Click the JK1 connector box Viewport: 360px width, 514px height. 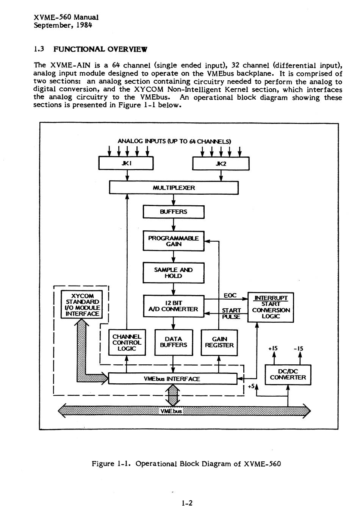126,164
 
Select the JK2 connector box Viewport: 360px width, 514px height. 221,164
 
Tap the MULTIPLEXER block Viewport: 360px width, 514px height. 174,188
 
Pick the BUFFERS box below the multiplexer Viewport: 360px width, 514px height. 174,212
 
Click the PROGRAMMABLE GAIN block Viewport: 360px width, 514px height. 174,241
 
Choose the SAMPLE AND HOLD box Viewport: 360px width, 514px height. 174,273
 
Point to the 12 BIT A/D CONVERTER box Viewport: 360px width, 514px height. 174,306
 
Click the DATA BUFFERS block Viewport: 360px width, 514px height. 174,342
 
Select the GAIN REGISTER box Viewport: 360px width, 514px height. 219,342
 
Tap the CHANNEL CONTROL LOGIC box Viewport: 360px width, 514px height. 127,342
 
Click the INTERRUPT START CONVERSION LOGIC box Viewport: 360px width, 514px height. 271,307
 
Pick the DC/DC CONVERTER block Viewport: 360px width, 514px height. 288,375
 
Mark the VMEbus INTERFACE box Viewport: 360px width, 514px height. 172,378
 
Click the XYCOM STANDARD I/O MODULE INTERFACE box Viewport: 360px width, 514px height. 82,305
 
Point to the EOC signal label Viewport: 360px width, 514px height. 230,295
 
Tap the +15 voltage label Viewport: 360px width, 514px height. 273,348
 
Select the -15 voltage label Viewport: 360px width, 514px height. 298,348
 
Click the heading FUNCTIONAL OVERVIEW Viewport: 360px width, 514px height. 100,49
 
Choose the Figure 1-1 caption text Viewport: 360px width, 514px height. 186,464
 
